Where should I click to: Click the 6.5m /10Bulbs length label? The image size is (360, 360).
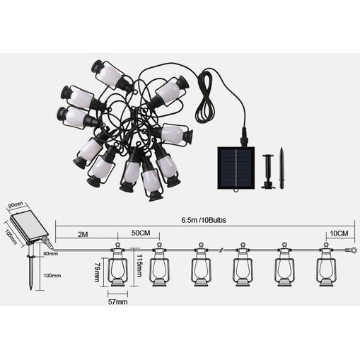(x=204, y=220)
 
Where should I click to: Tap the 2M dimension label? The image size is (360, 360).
(x=83, y=234)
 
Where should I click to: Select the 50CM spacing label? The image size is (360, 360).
(x=141, y=233)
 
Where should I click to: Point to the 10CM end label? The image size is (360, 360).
(x=339, y=233)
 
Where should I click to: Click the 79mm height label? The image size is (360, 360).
(x=97, y=272)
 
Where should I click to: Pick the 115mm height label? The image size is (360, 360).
(x=139, y=266)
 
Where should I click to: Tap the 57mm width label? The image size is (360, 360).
(x=117, y=302)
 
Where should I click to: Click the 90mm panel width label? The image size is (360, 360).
(x=16, y=204)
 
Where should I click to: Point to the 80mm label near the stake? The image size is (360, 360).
(x=51, y=254)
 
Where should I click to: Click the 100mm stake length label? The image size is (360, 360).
(x=52, y=275)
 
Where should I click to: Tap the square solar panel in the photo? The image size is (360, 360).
(x=236, y=168)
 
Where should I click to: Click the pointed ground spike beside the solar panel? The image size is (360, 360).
(x=281, y=168)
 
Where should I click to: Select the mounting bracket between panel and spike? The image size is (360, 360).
(x=268, y=171)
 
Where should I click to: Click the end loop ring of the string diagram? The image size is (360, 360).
(x=354, y=250)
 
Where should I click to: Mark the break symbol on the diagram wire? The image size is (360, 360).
(x=221, y=250)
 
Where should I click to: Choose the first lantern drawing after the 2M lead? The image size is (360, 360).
(x=117, y=265)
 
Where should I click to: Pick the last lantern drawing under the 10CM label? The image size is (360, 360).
(x=326, y=265)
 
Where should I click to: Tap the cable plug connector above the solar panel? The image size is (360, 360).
(x=244, y=137)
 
